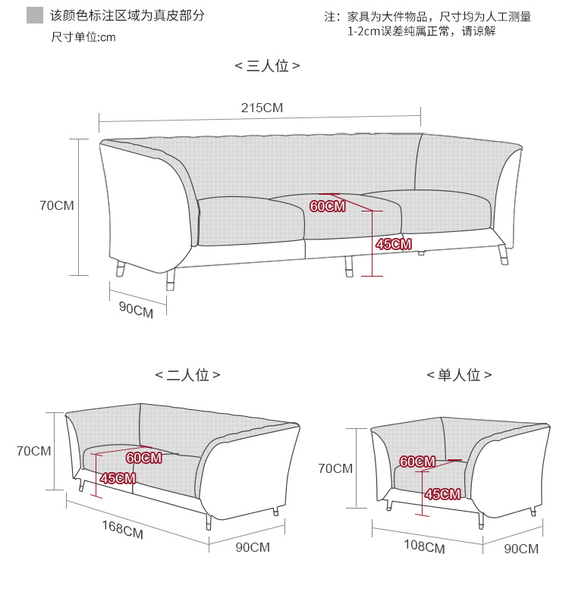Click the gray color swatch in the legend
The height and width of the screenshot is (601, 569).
[34, 15]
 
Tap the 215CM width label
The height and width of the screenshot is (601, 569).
[262, 108]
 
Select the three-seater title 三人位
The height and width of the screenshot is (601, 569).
[267, 66]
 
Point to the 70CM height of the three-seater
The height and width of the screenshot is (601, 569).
[57, 205]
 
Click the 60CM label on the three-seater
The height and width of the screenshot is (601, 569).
[327, 206]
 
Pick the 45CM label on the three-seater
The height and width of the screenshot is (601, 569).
[393, 244]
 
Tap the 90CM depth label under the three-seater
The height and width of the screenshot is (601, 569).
[136, 309]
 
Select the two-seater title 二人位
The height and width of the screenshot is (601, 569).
[187, 375]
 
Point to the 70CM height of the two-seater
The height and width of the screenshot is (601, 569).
[34, 451]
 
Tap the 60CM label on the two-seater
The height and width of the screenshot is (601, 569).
[143, 458]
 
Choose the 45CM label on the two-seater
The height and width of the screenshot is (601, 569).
[118, 478]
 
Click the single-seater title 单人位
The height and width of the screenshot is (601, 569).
[459, 375]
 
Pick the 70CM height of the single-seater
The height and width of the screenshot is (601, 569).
[335, 468]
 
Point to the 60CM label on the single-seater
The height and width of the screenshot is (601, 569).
[417, 462]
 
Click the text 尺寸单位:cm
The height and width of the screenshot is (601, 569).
[83, 37]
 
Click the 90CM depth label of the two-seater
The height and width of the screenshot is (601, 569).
[252, 547]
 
